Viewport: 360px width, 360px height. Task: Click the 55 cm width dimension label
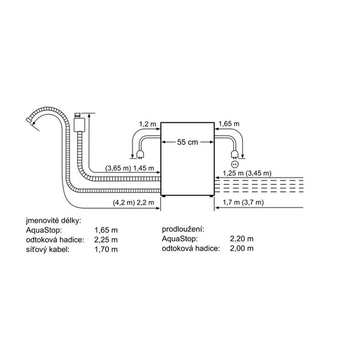(187, 142)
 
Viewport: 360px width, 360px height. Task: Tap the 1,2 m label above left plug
(148, 124)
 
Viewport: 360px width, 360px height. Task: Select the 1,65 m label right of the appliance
(229, 124)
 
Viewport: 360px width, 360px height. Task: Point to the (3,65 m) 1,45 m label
(130, 168)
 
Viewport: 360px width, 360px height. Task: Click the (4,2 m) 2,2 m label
(133, 203)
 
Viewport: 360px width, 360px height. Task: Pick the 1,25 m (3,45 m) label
(247, 173)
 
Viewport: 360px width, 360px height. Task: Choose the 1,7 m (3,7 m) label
(243, 202)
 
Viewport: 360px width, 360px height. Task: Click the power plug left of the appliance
(139, 154)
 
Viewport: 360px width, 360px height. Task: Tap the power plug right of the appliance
(235, 154)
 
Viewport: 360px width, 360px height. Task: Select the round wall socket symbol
(235, 164)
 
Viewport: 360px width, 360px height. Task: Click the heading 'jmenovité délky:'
(53, 221)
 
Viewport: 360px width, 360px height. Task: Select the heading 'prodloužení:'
(183, 229)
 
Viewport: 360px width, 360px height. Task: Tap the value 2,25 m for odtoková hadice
(106, 239)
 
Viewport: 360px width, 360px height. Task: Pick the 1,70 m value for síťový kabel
(106, 250)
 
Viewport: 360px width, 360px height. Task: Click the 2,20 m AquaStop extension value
(242, 239)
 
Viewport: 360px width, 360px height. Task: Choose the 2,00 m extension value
(242, 248)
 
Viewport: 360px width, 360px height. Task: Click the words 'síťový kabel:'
(48, 250)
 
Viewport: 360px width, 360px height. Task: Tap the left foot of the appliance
(163, 196)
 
